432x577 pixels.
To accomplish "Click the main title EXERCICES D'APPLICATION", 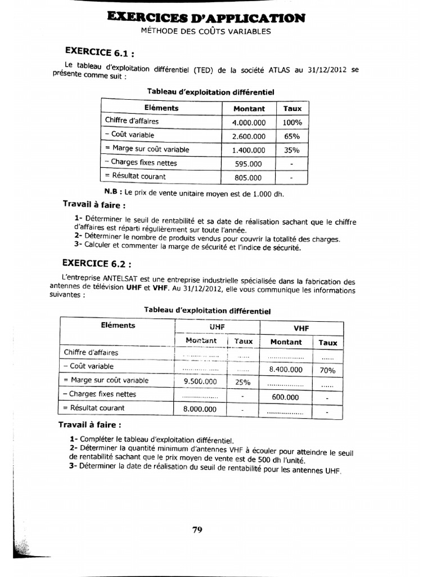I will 206,18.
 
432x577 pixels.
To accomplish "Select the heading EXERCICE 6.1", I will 100,54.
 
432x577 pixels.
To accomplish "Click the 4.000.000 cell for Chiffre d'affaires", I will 248,122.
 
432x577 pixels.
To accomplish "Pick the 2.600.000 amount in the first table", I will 248,136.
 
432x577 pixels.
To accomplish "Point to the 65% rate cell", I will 292,136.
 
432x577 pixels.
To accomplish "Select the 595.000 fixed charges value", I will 248,164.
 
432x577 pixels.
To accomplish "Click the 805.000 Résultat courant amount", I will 248,177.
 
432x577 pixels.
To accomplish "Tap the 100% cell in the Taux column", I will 292,122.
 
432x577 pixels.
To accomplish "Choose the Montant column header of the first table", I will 249,108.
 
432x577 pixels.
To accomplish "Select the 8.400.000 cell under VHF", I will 286,370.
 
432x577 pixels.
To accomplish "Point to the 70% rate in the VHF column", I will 328,371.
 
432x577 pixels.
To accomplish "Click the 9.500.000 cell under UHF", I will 200,381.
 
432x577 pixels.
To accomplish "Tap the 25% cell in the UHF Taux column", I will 242,382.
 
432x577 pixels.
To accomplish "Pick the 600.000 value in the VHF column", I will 286,397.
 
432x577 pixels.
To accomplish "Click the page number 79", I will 197,529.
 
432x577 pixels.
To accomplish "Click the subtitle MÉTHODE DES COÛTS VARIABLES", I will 206,32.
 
